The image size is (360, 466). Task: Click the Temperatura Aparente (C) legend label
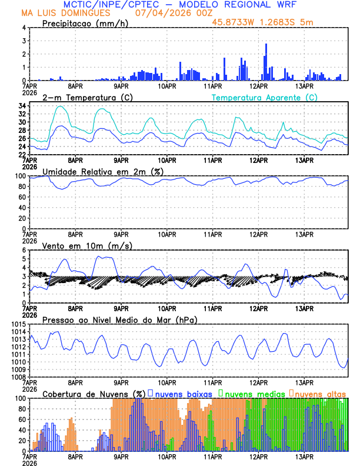265,97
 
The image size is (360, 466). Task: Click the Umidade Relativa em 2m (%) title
102,171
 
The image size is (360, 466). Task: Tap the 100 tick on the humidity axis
20,176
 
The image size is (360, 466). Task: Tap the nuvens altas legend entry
318,393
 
